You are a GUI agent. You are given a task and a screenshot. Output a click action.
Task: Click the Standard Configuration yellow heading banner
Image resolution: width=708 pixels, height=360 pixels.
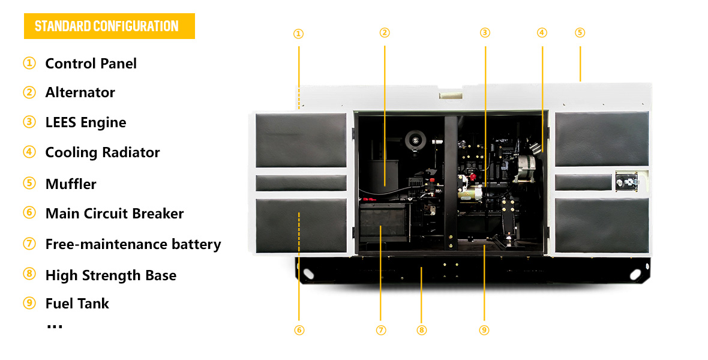[109, 26]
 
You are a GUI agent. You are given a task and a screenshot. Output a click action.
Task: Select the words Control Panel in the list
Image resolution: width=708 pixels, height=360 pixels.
[91, 64]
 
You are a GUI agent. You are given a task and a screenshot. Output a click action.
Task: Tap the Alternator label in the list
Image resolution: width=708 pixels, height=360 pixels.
[80, 92]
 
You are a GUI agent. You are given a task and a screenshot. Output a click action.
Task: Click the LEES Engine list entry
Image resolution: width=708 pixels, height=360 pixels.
[86, 122]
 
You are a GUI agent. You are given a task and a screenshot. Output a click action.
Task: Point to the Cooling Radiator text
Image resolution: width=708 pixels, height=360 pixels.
[103, 152]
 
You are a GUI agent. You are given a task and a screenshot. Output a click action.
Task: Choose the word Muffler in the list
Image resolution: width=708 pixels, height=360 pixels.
[71, 184]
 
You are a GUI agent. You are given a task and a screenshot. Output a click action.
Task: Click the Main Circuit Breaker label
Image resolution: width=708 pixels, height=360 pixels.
[115, 214]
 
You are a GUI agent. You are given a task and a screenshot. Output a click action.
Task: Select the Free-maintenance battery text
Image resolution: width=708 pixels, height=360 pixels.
[133, 244]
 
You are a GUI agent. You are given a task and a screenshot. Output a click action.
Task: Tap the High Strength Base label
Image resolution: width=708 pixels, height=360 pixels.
[111, 275]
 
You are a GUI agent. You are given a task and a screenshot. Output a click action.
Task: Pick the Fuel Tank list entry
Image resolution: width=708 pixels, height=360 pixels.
[77, 304]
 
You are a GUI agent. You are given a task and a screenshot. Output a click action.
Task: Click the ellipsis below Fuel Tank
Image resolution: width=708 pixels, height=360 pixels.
[55, 326]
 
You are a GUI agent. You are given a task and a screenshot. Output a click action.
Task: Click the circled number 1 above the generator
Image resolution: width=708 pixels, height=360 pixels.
[298, 34]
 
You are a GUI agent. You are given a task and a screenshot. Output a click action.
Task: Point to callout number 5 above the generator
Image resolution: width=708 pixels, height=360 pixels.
[580, 32]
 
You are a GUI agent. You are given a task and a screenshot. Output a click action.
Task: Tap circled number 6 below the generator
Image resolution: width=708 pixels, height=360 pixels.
[299, 330]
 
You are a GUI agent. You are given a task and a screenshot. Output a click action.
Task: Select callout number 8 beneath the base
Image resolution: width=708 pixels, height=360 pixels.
[422, 330]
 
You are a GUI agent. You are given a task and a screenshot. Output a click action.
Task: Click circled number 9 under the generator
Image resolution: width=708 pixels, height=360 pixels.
[484, 330]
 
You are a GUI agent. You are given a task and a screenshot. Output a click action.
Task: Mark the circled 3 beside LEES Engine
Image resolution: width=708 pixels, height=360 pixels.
[29, 122]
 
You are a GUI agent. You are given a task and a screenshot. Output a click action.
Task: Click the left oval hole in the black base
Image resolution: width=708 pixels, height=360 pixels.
[308, 274]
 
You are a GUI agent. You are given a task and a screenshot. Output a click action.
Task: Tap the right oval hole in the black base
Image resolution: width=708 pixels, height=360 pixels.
[635, 274]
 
